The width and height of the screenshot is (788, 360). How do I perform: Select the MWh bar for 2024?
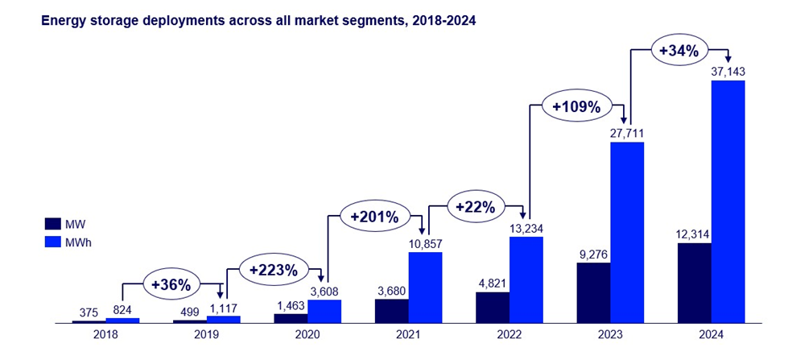(728, 201)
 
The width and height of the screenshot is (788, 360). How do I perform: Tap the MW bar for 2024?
(695, 283)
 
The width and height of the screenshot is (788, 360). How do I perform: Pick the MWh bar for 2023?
(627, 232)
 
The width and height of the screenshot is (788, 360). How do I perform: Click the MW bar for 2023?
(593, 292)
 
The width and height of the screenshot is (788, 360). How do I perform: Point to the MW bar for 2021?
(392, 311)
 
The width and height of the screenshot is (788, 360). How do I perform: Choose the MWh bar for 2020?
(324, 311)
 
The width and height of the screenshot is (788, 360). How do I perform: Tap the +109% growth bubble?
(577, 106)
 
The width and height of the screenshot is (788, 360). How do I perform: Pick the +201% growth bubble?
(375, 216)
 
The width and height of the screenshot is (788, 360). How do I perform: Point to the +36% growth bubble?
(171, 283)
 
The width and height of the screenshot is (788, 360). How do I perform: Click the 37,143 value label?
(728, 72)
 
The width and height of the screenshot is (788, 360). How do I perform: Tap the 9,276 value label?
(593, 254)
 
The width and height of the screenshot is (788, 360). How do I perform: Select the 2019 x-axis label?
(206, 337)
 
